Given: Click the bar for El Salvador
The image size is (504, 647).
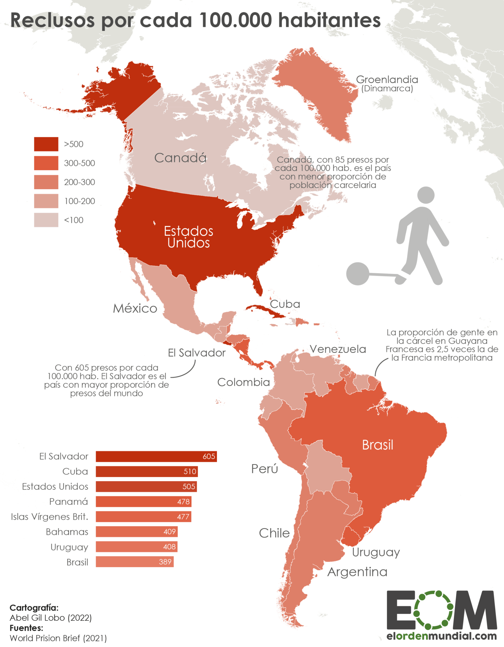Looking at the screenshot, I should (156, 456).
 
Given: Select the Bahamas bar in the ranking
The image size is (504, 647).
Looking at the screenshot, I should (136, 532).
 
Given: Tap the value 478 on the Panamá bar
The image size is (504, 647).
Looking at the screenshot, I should (183, 502).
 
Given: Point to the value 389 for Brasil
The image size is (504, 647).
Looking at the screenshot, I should (165, 562).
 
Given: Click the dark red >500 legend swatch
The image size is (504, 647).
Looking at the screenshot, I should (46, 144).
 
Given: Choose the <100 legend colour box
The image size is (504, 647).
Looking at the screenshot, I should (46, 220).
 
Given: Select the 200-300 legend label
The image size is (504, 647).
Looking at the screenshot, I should (79, 182).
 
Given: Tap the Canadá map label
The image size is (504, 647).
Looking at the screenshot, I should (180, 158).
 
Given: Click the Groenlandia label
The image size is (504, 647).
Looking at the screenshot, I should (387, 80).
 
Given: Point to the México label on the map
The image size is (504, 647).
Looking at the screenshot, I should (135, 308).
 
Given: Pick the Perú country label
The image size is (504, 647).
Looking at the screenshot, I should (265, 469).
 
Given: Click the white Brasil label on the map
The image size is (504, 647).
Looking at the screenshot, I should (377, 445).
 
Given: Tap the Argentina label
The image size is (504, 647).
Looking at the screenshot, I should (357, 572).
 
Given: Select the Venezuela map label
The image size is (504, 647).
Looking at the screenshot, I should (338, 349).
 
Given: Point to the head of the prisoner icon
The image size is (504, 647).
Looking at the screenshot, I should (426, 195).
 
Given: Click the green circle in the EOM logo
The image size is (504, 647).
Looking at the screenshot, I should (434, 610).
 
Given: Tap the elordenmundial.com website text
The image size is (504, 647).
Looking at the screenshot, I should (441, 636).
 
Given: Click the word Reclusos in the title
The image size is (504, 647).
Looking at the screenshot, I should (52, 21).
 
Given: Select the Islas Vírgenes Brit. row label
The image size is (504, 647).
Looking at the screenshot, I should (50, 517).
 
